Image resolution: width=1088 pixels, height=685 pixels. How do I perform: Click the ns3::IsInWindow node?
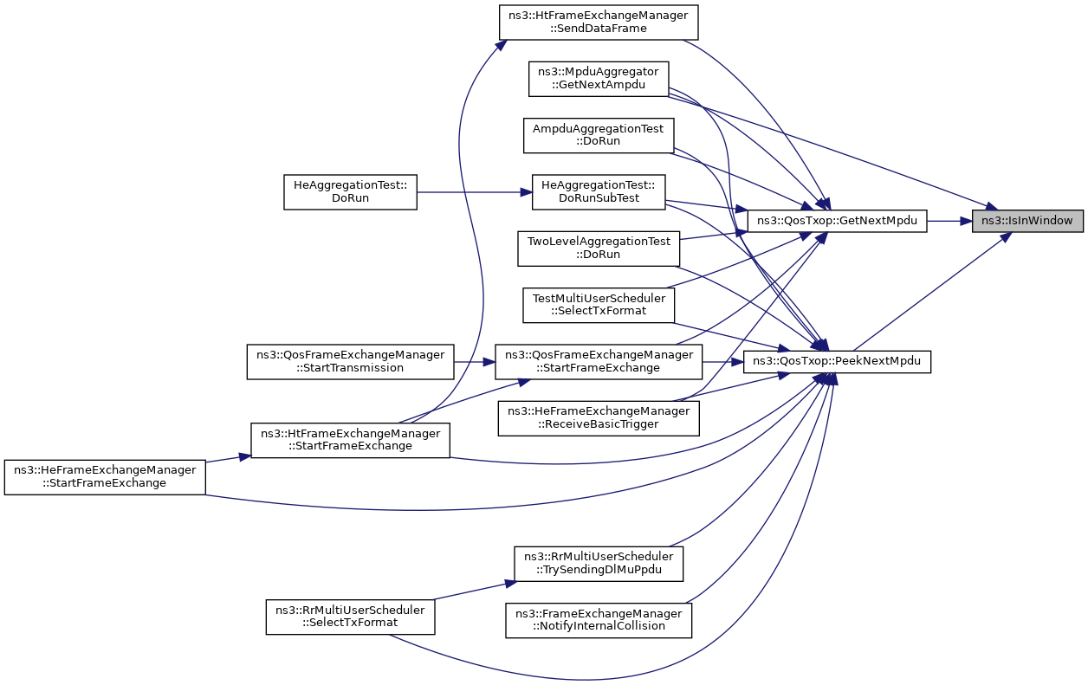[x=1027, y=221]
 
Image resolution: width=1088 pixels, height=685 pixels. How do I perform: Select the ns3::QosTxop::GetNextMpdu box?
[x=837, y=221]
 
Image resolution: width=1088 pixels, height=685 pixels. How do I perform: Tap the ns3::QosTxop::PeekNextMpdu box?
[x=837, y=362]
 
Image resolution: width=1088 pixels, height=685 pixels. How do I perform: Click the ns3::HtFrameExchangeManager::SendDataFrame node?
[x=599, y=23]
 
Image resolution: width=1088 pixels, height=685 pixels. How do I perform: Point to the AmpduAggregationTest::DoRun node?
[x=599, y=135]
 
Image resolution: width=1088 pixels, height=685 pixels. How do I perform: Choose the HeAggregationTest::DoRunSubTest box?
[x=597, y=191]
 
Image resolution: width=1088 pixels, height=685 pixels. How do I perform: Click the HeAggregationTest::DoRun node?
[x=351, y=191]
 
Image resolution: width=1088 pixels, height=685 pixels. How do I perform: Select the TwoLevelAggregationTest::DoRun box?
[x=599, y=248]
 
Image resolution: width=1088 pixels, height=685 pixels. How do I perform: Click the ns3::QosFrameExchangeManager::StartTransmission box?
[x=351, y=361]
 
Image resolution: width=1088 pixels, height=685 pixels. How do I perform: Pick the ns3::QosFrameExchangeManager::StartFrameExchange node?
[x=598, y=361]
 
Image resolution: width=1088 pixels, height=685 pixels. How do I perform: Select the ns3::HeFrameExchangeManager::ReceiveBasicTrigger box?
[x=598, y=418]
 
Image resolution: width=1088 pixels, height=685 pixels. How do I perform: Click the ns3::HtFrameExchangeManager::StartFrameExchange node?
[x=350, y=440]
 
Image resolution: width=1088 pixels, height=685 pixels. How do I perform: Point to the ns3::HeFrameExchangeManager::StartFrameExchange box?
[x=105, y=476]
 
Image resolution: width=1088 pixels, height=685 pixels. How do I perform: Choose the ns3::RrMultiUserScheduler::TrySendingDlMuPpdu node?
[x=599, y=563]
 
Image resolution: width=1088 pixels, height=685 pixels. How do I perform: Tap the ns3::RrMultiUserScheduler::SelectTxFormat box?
[x=350, y=617]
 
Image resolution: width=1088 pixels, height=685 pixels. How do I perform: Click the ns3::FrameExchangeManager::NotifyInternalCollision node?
[x=599, y=619]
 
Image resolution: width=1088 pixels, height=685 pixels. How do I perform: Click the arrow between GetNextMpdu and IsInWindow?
[x=949, y=221]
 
